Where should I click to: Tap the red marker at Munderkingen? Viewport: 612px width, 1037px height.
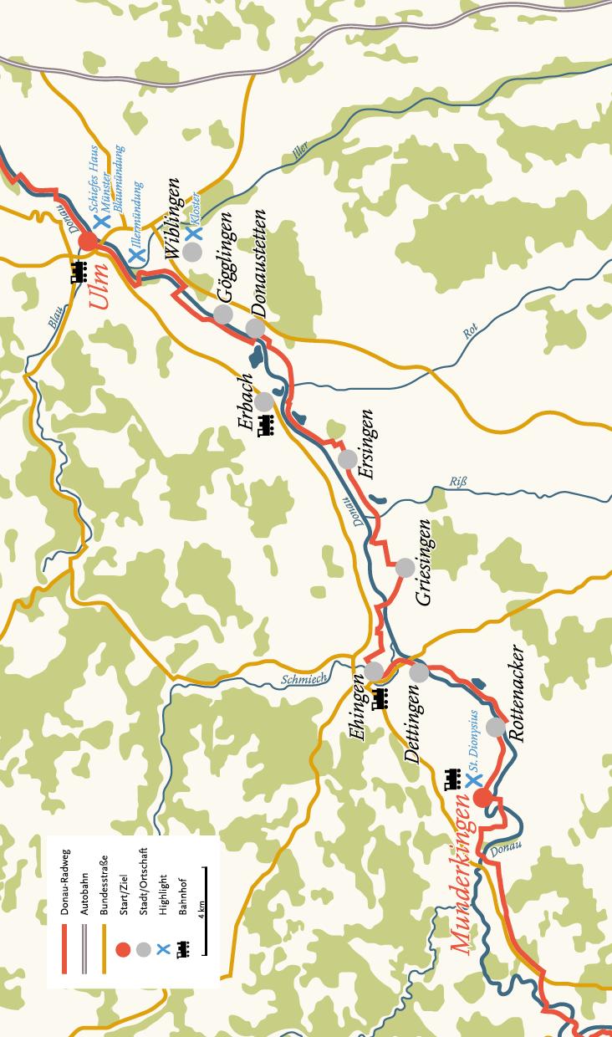(482, 798)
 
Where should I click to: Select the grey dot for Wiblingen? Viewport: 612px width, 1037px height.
(193, 251)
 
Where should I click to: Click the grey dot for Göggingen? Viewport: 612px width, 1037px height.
(223, 314)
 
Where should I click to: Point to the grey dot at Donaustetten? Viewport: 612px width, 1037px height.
(255, 328)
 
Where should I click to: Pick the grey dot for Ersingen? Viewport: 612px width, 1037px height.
(348, 459)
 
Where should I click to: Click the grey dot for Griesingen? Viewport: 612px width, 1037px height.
(405, 568)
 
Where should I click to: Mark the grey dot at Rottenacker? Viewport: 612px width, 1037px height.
(496, 727)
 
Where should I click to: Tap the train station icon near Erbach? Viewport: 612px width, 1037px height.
(266, 426)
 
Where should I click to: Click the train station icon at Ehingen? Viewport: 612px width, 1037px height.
(381, 697)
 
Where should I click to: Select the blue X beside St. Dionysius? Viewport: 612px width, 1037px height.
(473, 780)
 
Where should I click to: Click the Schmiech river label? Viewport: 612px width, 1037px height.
(304, 679)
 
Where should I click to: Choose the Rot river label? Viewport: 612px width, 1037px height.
(469, 332)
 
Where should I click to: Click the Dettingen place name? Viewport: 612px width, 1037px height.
(412, 724)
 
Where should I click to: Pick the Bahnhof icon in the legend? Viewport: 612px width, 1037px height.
(181, 950)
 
